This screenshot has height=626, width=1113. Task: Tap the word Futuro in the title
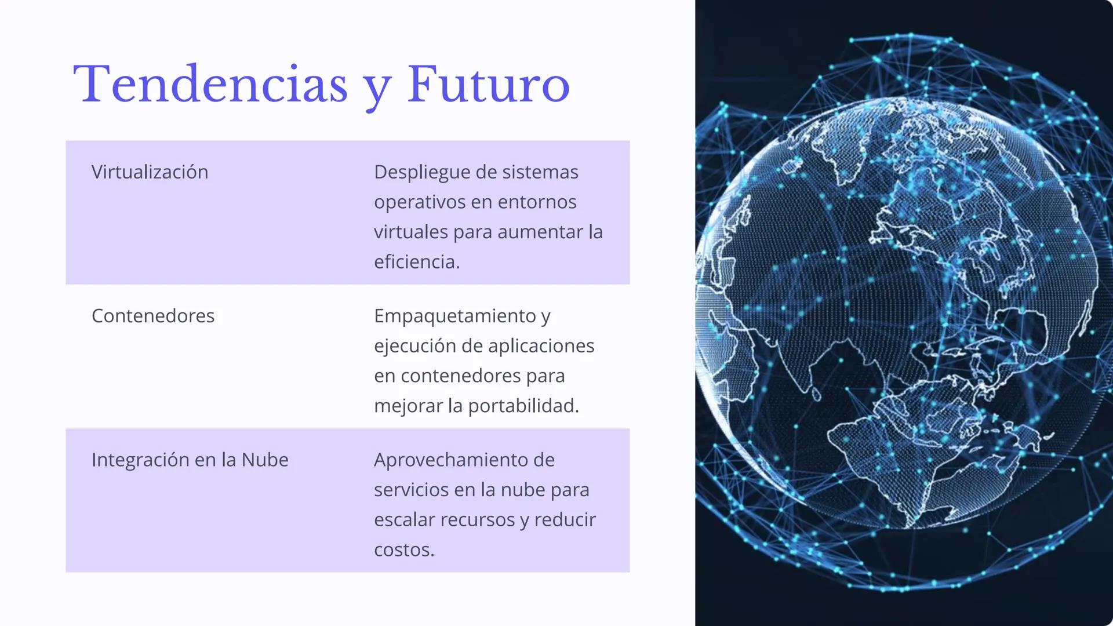(x=488, y=85)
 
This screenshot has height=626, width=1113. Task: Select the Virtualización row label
(x=150, y=172)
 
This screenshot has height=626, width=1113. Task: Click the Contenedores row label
(x=153, y=316)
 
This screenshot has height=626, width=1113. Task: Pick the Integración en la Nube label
(x=190, y=460)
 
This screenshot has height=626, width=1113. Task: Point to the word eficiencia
(x=416, y=262)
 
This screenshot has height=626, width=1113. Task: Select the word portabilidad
(x=522, y=406)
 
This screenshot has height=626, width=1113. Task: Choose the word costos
(x=403, y=549)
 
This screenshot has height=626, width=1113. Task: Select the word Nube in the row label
(x=265, y=460)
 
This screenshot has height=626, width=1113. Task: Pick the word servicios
(x=411, y=490)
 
